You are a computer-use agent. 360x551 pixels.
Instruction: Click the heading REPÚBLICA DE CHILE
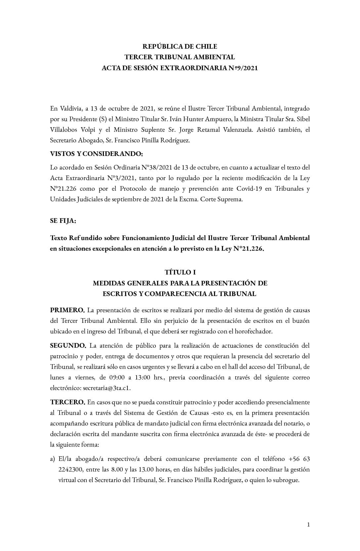pyautogui.click(x=180, y=46)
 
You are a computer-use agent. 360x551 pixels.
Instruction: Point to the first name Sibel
pyautogui.click(x=302, y=119)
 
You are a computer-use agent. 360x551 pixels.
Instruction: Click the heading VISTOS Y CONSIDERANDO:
pyautogui.click(x=96, y=154)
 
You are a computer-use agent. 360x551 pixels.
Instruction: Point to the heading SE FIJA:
pyautogui.click(x=63, y=221)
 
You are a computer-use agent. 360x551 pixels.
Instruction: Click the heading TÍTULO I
pyautogui.click(x=180, y=273)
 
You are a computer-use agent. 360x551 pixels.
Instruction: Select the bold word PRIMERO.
pyautogui.click(x=67, y=310)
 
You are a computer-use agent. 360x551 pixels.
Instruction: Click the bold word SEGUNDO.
pyautogui.click(x=68, y=346)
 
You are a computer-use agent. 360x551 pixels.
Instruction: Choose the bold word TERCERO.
pyautogui.click(x=68, y=402)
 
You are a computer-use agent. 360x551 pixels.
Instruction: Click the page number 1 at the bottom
pyautogui.click(x=308, y=525)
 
